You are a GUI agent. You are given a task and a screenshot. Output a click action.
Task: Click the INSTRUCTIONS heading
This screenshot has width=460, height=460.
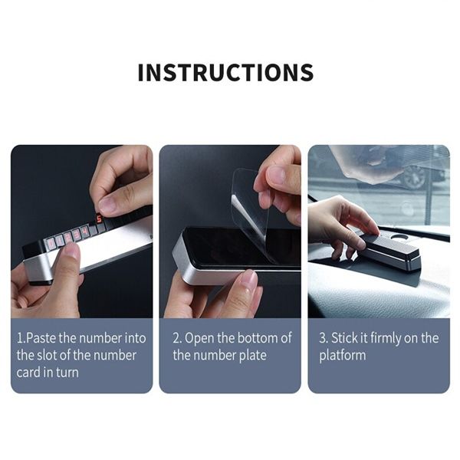(x=225, y=72)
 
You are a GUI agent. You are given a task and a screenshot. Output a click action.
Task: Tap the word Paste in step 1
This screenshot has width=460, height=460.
(x=41, y=338)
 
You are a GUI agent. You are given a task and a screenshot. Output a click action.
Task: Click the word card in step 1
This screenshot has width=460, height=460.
(x=30, y=372)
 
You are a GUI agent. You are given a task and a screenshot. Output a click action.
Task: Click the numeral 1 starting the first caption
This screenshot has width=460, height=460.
(x=19, y=338)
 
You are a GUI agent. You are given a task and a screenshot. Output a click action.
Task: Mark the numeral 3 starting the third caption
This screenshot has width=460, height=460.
(x=323, y=338)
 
